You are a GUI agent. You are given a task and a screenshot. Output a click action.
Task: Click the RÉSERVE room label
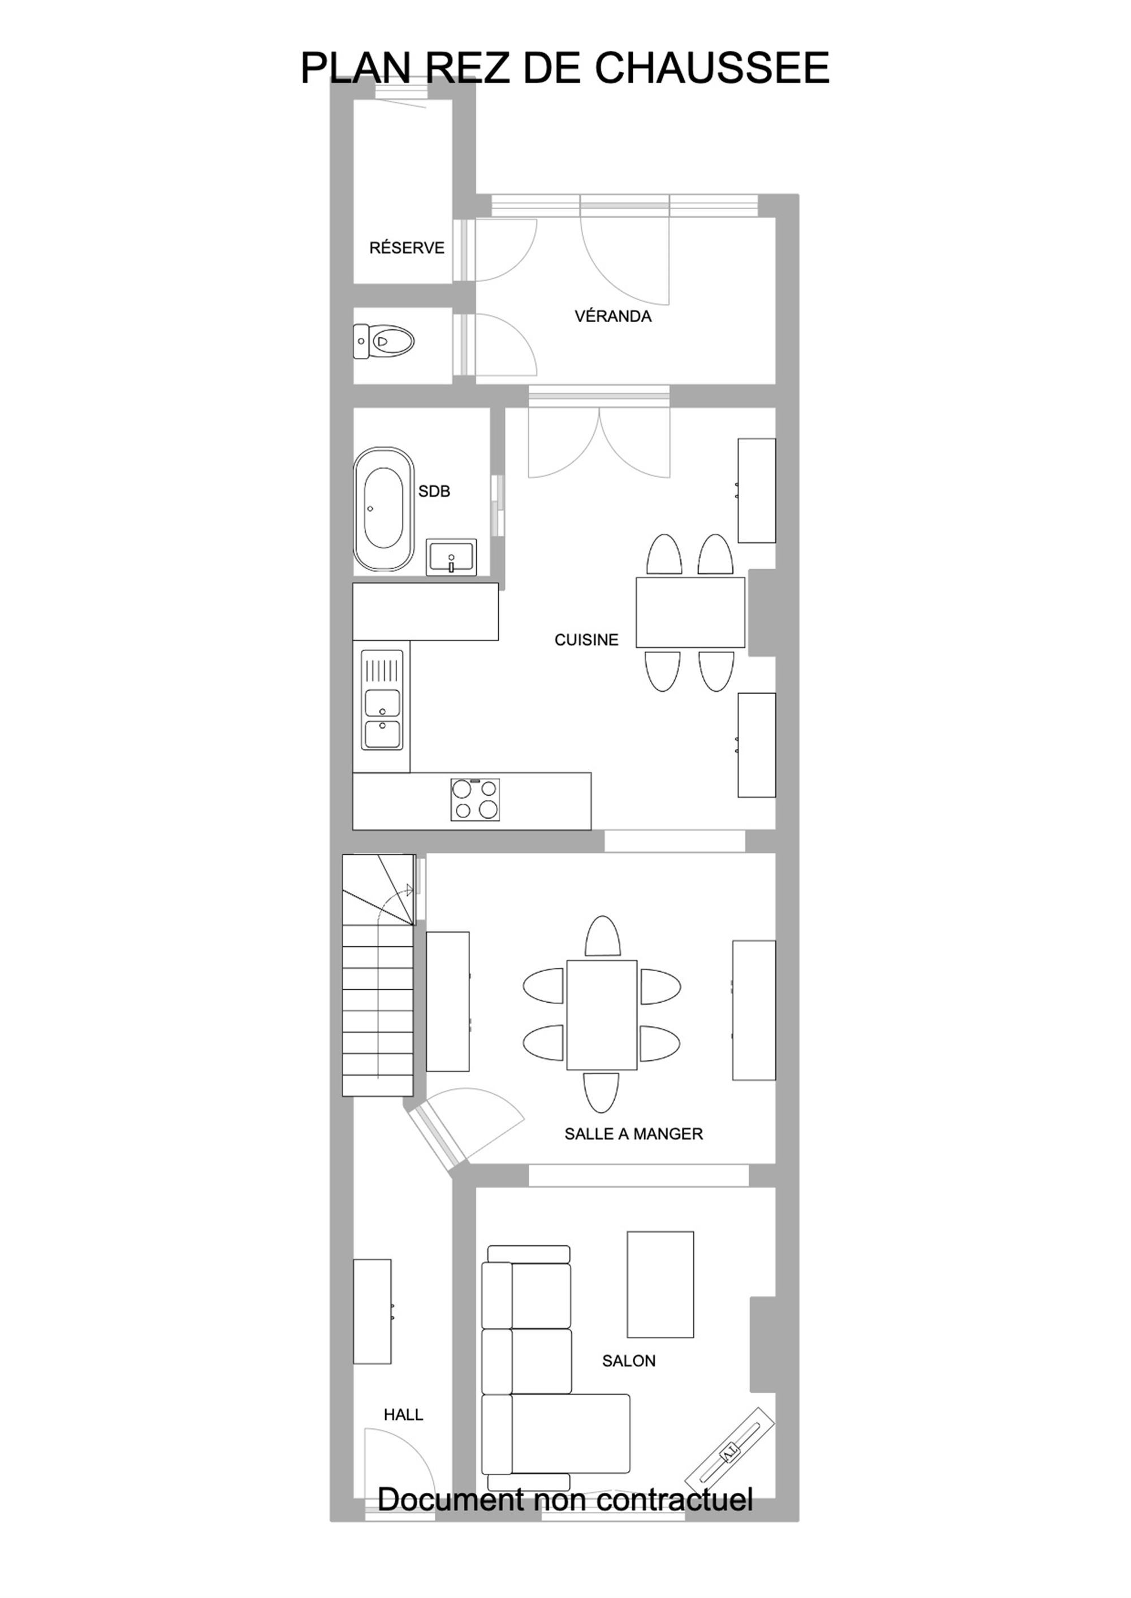pyautogui.click(x=407, y=248)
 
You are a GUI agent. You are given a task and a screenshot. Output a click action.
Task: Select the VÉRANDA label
pyautogui.click(x=613, y=317)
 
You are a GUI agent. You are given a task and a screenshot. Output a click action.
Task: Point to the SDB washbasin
pyautogui.click(x=452, y=557)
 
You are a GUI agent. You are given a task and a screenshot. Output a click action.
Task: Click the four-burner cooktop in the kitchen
pyautogui.click(x=475, y=800)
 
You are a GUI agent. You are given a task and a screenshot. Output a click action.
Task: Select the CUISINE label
pyautogui.click(x=586, y=640)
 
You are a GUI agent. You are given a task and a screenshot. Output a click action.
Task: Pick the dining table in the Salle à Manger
pyautogui.click(x=602, y=1015)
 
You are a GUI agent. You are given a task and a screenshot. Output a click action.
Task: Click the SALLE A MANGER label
pyautogui.click(x=634, y=1134)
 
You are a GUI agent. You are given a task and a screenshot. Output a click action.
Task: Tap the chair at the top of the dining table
pyautogui.click(x=602, y=937)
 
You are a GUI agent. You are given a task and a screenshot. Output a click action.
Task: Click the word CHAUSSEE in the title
pyautogui.click(x=712, y=68)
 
